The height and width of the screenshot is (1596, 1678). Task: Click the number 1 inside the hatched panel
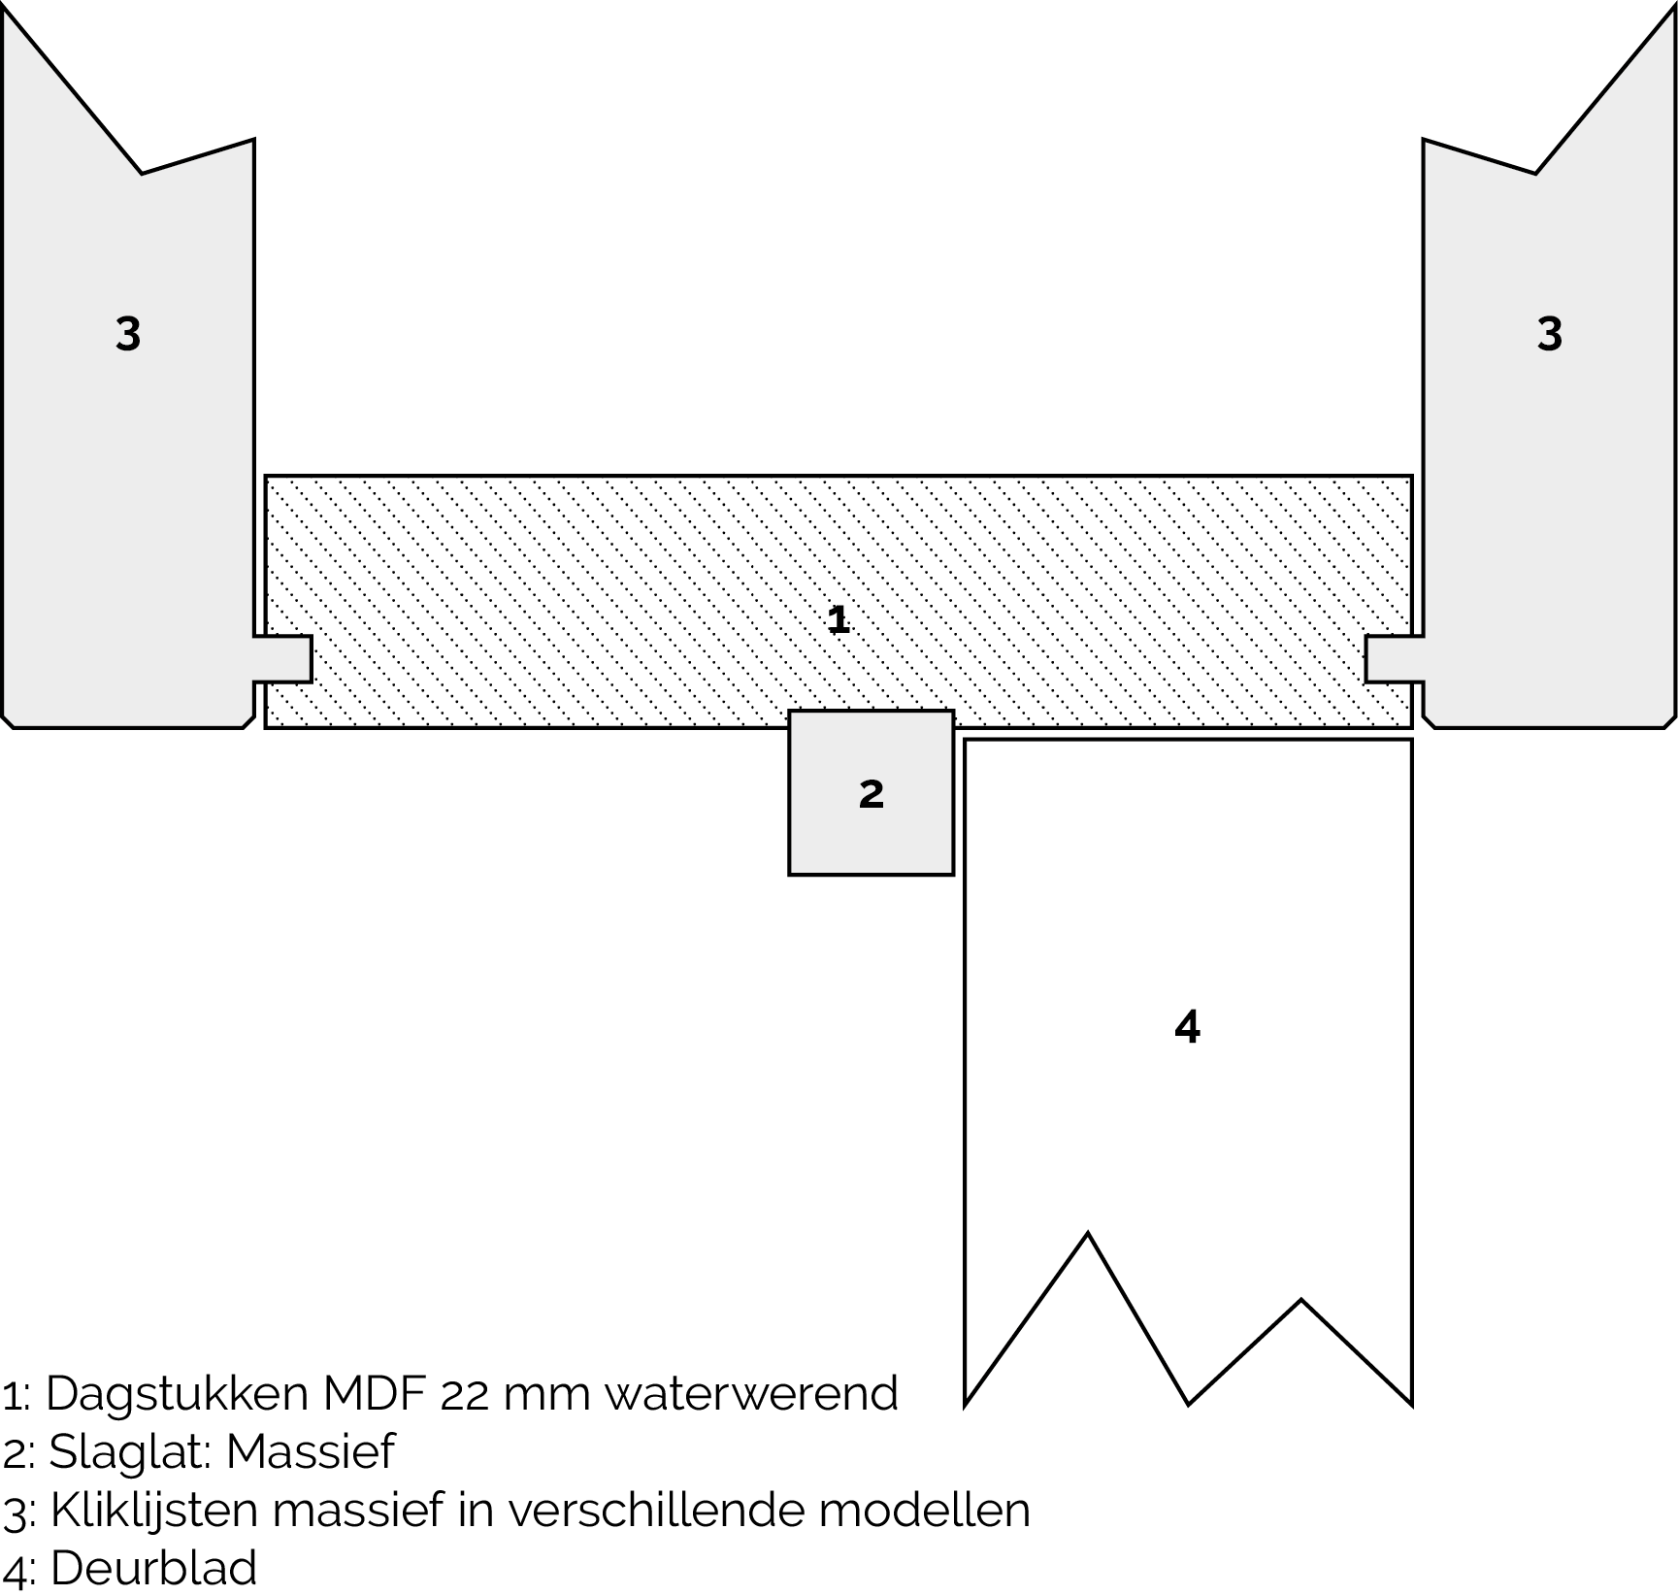point(839,619)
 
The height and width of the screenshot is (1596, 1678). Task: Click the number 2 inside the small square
point(872,794)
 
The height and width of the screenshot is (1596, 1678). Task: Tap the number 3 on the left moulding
point(128,334)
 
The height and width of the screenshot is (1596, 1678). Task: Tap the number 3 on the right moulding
point(1550,334)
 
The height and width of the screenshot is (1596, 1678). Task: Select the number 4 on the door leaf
point(1187,1026)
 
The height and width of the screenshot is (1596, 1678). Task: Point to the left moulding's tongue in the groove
point(284,659)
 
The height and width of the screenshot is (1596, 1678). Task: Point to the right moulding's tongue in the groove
point(1393,659)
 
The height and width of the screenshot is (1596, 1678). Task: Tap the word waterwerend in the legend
point(750,1394)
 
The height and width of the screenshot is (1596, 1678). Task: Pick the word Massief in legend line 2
point(311,1452)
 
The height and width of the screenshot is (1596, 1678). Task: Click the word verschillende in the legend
point(652,1511)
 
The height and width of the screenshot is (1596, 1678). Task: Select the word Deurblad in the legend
point(153,1569)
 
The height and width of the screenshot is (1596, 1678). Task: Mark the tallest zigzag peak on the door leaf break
point(1087,1235)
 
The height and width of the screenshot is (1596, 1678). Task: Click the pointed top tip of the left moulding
point(6,14)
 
